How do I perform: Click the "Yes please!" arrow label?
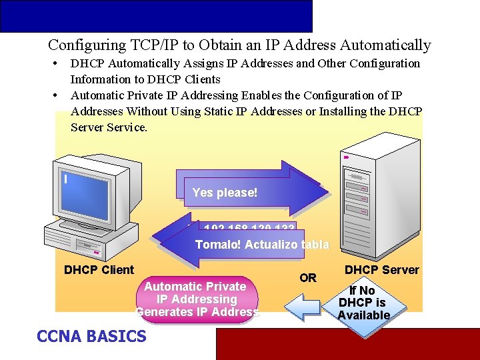pos(225,193)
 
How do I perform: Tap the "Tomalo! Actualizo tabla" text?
pos(261,245)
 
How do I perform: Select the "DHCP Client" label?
pos(99,270)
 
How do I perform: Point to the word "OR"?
pos(308,277)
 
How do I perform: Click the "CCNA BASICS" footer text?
pos(91,336)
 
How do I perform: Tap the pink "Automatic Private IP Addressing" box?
pos(197,299)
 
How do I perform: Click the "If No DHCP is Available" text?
pos(363,303)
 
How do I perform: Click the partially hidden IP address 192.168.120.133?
pos(249,227)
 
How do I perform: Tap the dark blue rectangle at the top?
pos(156,16)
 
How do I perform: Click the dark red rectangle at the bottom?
pos(347,344)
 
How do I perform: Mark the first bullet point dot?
pos(53,64)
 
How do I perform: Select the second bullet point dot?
pos(53,96)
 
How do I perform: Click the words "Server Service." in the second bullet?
pos(109,127)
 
